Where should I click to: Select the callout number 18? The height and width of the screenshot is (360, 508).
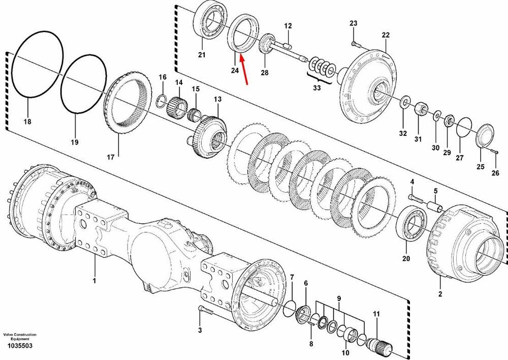tap(27, 122)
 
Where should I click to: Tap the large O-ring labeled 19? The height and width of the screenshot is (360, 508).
tap(84, 84)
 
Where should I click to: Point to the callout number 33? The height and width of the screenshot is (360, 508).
tap(316, 87)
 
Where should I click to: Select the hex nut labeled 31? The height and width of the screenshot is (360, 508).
tap(420, 108)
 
